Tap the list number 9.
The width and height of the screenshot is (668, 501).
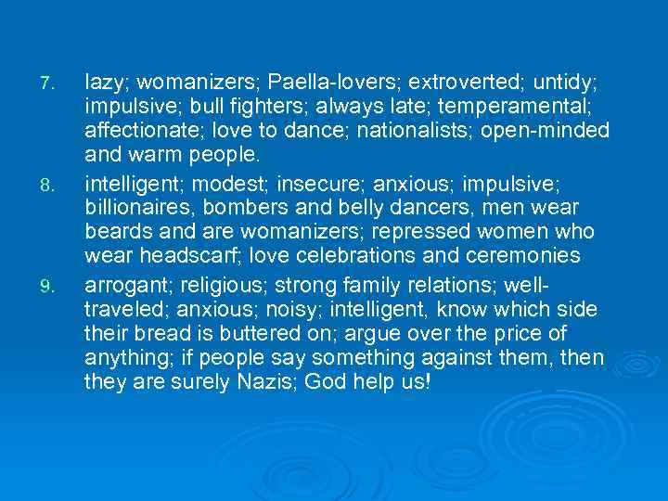point(51,283)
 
